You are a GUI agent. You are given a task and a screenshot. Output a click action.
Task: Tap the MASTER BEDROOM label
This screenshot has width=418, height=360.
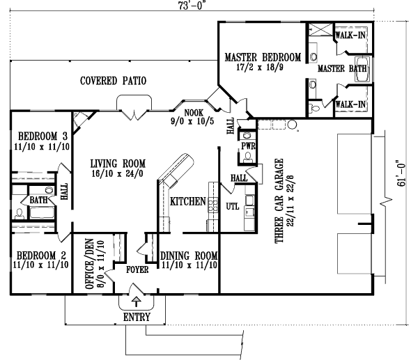click(263, 57)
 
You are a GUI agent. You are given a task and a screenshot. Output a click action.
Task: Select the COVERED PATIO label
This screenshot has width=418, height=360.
click(113, 81)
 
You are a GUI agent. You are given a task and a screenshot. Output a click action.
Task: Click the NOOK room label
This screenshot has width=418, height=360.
click(193, 112)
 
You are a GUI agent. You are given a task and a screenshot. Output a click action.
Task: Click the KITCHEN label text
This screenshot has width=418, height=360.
click(187, 202)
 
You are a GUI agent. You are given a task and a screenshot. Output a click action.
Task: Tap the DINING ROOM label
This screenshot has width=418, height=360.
click(190, 255)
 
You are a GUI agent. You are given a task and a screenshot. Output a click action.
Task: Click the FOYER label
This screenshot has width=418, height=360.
click(136, 269)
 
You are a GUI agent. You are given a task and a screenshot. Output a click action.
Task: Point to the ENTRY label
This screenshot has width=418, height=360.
click(137, 317)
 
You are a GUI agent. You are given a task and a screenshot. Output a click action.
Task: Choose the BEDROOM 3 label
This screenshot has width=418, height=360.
click(43, 135)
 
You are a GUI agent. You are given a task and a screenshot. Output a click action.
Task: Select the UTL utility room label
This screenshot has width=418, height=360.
click(233, 206)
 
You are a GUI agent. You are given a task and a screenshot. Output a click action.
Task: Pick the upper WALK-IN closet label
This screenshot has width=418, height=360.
click(351, 33)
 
